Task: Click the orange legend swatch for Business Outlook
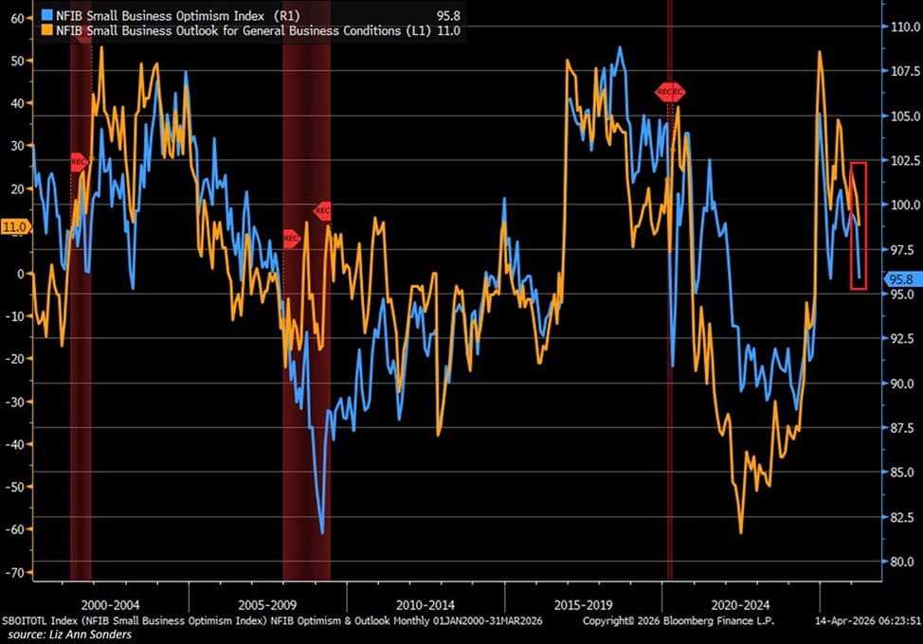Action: click(46, 30)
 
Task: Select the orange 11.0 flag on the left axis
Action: click(15, 227)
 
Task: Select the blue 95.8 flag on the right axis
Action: click(900, 279)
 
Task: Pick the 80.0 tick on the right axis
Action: click(900, 561)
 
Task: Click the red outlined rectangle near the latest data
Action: click(859, 225)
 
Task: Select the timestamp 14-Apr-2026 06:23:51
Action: click(868, 620)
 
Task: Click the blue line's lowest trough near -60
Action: click(322, 532)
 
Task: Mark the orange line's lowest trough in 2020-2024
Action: click(740, 532)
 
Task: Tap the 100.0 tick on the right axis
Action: click(900, 206)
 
